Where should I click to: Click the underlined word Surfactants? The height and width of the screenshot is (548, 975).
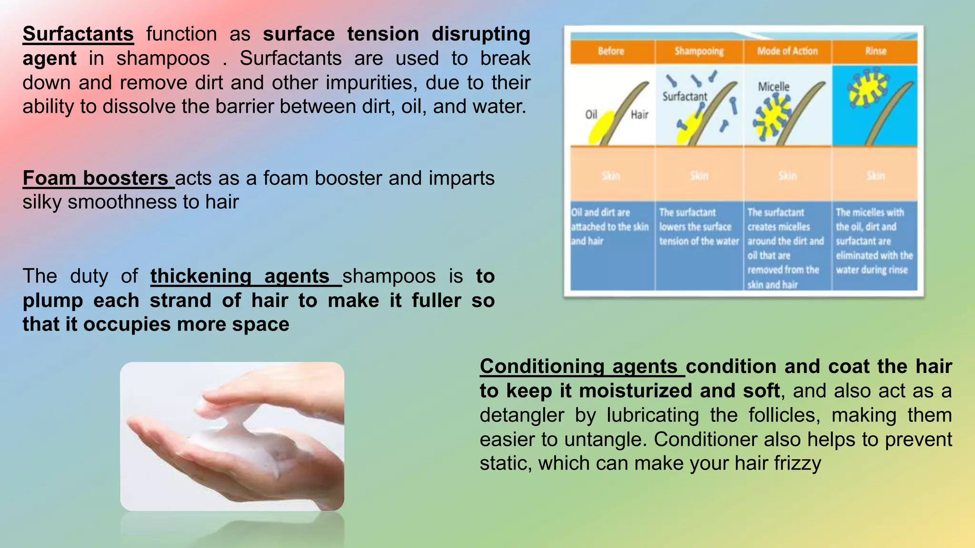tap(78, 34)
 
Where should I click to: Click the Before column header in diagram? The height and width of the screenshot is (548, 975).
tap(611, 51)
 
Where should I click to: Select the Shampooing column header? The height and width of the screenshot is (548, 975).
tap(699, 51)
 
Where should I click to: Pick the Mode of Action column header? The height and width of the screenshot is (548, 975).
tap(787, 51)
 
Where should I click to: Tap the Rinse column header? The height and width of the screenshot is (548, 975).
tap(876, 51)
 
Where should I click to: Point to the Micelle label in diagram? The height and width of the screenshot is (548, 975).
tap(773, 87)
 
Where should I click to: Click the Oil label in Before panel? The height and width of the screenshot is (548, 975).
tap(591, 115)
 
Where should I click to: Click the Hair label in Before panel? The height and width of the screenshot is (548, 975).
tap(639, 115)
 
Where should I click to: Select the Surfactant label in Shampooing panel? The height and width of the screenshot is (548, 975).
tap(685, 97)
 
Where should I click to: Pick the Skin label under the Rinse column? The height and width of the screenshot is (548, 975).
tap(876, 176)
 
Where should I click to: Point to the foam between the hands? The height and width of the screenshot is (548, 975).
tap(224, 428)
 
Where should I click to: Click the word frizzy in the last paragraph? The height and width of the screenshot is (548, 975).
tap(797, 464)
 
